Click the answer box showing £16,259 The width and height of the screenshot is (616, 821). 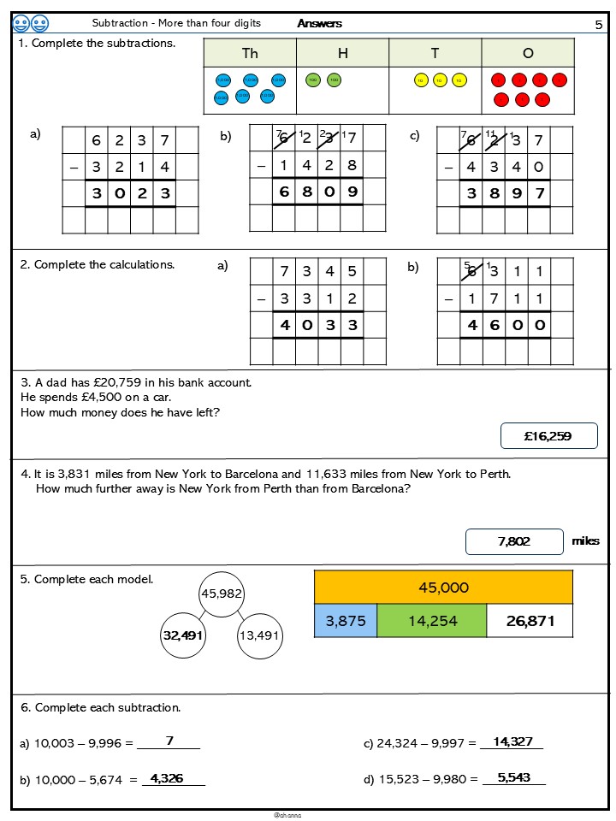pyautogui.click(x=548, y=436)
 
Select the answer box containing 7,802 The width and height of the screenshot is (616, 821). pyautogui.click(x=514, y=541)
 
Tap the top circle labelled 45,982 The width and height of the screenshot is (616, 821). pyautogui.click(x=222, y=594)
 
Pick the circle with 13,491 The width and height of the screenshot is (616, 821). pyautogui.click(x=259, y=635)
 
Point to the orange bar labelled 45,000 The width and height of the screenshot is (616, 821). pyautogui.click(x=443, y=588)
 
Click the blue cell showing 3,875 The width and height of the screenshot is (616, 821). pyautogui.click(x=346, y=621)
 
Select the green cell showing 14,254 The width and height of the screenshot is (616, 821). pyautogui.click(x=431, y=621)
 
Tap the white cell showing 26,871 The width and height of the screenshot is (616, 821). pyautogui.click(x=530, y=621)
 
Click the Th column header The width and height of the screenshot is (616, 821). pyautogui.click(x=250, y=54)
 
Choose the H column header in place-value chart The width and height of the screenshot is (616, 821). pyautogui.click(x=343, y=54)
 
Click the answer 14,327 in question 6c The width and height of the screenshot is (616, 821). pyautogui.click(x=513, y=741)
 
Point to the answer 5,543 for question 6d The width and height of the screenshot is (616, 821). pyautogui.click(x=514, y=777)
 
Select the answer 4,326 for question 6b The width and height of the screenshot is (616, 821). pyautogui.click(x=167, y=778)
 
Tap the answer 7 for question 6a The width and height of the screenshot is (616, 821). pyautogui.click(x=169, y=741)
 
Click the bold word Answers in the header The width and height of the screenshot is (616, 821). pyautogui.click(x=320, y=24)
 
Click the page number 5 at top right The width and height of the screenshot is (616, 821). pyautogui.click(x=599, y=25)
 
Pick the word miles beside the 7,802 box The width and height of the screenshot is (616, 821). pyautogui.click(x=585, y=541)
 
